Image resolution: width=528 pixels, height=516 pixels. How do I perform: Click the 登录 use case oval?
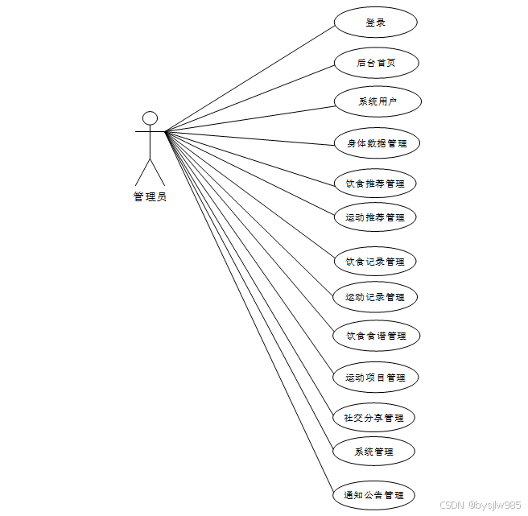point(375,23)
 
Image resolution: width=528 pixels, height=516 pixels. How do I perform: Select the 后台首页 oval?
point(376,63)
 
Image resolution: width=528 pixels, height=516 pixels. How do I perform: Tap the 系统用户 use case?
point(377,102)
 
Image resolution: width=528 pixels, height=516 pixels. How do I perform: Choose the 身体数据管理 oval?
point(377,143)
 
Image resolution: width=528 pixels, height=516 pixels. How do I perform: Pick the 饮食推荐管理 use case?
point(375,184)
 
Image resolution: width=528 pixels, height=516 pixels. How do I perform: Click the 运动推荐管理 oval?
point(375,217)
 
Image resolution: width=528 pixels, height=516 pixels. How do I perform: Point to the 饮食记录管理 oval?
point(375,262)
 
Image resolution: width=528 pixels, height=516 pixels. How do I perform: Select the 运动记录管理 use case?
point(375,297)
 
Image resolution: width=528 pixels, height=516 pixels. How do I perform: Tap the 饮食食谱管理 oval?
point(376,336)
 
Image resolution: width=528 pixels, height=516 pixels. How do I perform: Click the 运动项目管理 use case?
point(375,378)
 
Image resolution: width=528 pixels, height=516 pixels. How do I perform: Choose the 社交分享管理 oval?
point(373,418)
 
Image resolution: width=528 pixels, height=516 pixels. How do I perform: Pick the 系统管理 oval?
point(373,452)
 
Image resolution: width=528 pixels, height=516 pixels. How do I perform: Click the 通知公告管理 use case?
point(373,495)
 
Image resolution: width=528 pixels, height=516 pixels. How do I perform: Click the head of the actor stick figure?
point(150,118)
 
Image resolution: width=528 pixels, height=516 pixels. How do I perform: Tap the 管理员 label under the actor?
point(150,196)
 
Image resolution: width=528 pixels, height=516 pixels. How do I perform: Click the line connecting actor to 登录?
point(250,77)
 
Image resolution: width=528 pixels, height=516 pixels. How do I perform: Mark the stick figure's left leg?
point(142,172)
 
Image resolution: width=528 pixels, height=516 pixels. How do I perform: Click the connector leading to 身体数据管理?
point(250,138)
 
